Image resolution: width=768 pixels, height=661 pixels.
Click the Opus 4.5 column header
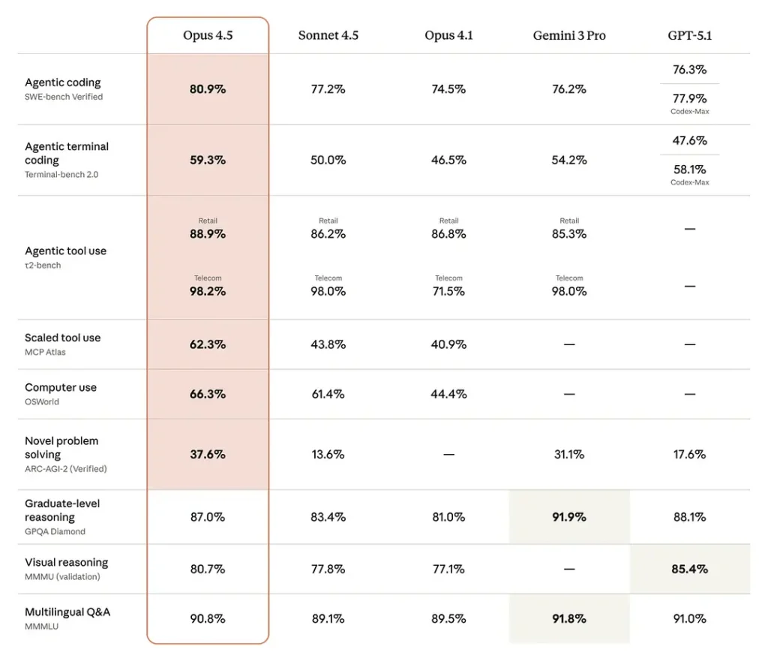click(x=208, y=35)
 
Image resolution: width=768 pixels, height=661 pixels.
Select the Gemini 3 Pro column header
click(x=569, y=35)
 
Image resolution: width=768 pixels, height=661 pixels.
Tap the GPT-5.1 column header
click(x=689, y=35)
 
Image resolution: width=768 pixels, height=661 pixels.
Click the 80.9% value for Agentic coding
click(x=208, y=89)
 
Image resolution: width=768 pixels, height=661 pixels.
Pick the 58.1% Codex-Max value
click(x=689, y=170)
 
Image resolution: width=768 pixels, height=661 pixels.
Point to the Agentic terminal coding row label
click(x=66, y=153)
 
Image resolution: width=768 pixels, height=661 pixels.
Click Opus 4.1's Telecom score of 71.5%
click(x=448, y=291)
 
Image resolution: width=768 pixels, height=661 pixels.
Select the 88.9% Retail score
click(x=208, y=234)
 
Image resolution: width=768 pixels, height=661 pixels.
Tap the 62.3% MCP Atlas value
click(x=208, y=344)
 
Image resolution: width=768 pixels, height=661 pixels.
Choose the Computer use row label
click(x=61, y=388)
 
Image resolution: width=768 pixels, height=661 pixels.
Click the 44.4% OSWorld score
click(x=448, y=394)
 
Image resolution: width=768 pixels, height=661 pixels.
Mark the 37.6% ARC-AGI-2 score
click(x=208, y=454)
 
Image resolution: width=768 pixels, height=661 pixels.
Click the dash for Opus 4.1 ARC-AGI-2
click(x=448, y=455)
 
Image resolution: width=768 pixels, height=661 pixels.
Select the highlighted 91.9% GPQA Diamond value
click(x=569, y=517)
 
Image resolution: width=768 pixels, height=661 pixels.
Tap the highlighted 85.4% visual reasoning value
click(x=689, y=569)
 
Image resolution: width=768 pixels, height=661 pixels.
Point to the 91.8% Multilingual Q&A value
click(x=569, y=619)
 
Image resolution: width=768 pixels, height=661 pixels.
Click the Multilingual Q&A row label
click(x=67, y=612)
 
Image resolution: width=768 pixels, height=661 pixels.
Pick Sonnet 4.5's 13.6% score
click(x=328, y=454)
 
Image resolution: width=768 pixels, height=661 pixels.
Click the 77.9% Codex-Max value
click(x=689, y=98)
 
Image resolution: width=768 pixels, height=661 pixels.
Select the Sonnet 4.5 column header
click(x=328, y=35)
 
